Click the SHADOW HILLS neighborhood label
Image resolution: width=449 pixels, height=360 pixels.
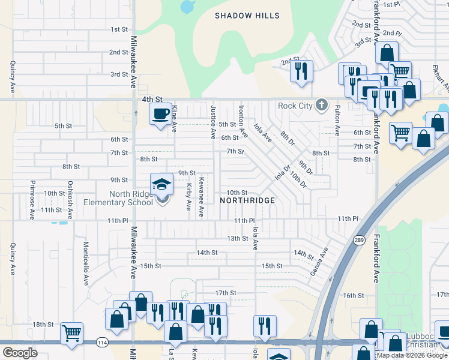point(247,16)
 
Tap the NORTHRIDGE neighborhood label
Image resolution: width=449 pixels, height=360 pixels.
point(247,200)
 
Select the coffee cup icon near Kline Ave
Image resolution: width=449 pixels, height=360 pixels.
point(160,114)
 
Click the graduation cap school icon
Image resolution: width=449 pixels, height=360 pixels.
point(161,185)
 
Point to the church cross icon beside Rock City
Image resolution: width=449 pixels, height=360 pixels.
point(322,106)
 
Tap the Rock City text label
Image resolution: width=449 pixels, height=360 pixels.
point(295,106)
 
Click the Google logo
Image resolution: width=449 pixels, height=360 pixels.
point(20,352)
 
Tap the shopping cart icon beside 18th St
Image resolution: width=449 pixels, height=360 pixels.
point(72,332)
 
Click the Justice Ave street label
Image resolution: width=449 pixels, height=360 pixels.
point(212,120)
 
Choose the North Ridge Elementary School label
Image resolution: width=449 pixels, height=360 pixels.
point(131,198)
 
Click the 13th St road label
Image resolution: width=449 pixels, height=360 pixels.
point(237,238)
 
